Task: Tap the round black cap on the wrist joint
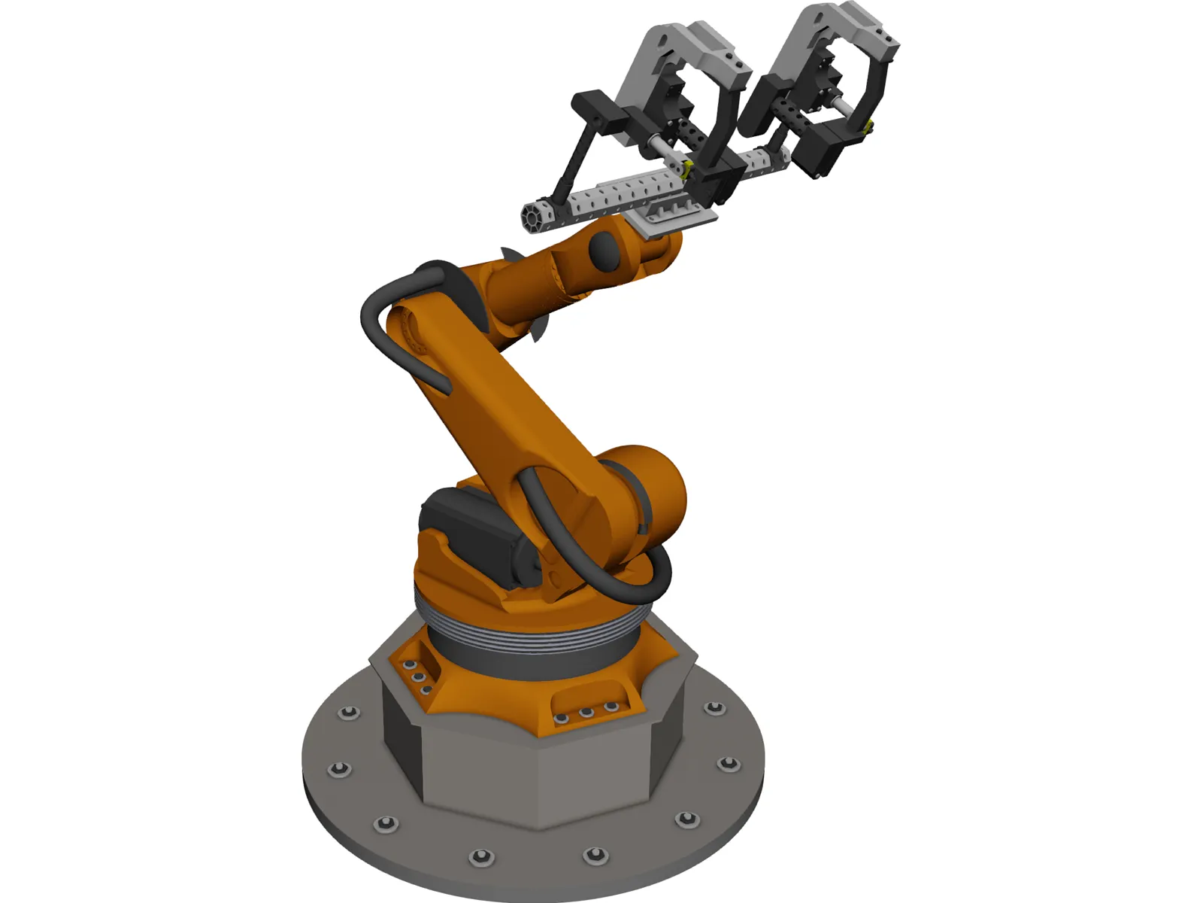click(604, 251)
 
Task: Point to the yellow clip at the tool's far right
click(869, 128)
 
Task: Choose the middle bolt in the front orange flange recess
click(587, 712)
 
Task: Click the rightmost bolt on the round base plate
click(727, 765)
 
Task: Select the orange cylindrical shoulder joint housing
click(647, 489)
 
